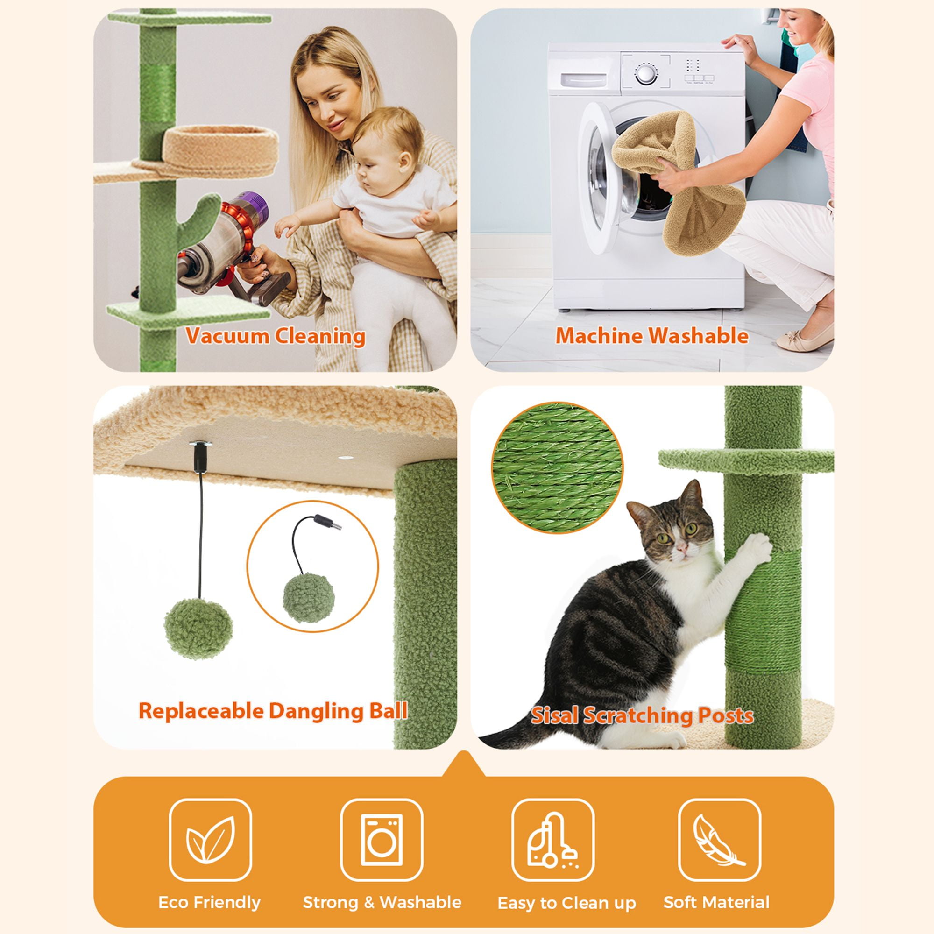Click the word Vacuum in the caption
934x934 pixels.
(x=227, y=336)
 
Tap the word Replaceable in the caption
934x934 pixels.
(x=201, y=711)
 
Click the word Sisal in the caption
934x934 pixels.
(x=554, y=716)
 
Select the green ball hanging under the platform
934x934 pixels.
(x=198, y=629)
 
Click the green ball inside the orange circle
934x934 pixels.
(x=308, y=598)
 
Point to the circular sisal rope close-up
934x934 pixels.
(x=558, y=467)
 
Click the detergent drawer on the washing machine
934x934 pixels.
(x=583, y=79)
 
